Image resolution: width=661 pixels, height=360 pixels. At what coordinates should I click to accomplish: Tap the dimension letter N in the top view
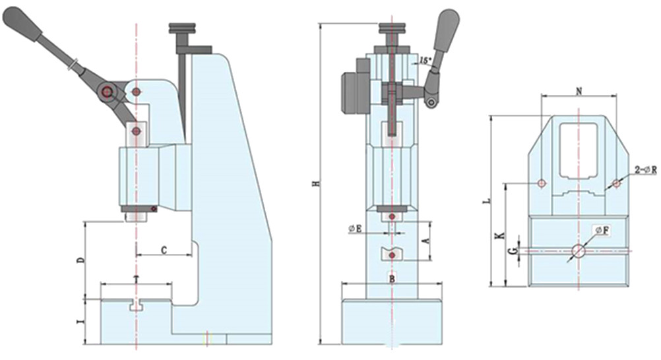point(579,92)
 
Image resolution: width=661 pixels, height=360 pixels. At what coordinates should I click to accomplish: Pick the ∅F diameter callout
point(601,230)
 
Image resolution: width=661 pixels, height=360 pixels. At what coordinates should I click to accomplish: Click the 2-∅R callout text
point(646,169)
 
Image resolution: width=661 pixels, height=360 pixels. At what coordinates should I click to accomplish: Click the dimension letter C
point(163,250)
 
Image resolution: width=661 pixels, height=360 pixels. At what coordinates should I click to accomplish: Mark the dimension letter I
point(80,322)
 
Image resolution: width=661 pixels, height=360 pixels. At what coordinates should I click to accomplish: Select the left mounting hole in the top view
point(541,183)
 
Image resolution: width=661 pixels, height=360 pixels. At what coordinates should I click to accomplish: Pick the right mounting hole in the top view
point(616,183)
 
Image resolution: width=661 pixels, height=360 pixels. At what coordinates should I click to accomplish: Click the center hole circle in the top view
point(579,251)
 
